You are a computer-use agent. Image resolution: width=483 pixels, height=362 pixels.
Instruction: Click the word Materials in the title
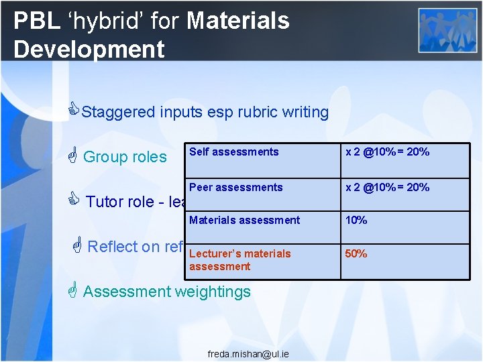(238, 21)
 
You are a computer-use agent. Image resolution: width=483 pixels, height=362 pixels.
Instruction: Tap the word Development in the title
(89, 49)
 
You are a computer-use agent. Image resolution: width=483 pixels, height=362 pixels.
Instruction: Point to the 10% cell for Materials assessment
(356, 221)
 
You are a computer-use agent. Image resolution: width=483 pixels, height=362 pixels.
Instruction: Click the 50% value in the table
(356, 254)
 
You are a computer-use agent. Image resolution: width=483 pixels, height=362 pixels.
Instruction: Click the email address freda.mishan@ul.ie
(248, 353)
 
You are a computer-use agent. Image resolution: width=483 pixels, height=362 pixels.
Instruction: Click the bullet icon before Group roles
(73, 156)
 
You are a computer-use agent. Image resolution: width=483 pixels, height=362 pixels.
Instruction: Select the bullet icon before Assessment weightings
(74, 290)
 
